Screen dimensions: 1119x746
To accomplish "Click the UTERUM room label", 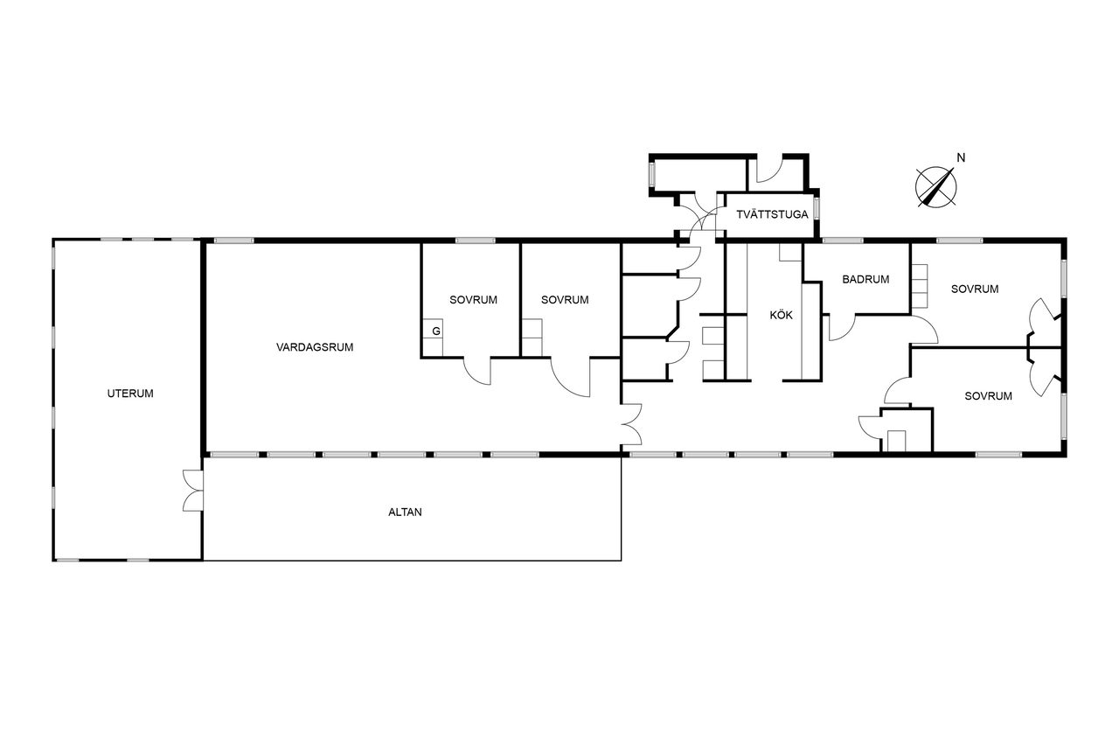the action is click(x=130, y=394).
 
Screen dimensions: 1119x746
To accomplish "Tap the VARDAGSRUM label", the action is click(x=315, y=347).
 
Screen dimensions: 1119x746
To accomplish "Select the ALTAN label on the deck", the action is click(x=405, y=512).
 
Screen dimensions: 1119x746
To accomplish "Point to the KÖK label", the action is click(x=782, y=315).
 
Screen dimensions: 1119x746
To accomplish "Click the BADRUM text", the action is click(x=865, y=279).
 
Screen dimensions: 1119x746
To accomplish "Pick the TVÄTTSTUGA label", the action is click(x=772, y=214).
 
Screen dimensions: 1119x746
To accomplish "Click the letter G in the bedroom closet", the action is click(x=436, y=331).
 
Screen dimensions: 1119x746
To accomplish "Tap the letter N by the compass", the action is click(x=961, y=158).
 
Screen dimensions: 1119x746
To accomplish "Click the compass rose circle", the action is click(x=936, y=187).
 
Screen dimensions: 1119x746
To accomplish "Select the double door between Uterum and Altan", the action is click(x=193, y=491).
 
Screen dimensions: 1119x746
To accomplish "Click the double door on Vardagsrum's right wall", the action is click(x=632, y=423).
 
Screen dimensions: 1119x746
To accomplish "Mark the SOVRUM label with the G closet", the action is click(x=473, y=300).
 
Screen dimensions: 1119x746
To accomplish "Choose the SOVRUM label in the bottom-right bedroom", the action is click(x=988, y=396).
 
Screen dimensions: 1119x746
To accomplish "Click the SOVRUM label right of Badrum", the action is click(x=975, y=289).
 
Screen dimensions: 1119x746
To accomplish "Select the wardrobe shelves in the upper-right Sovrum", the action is click(x=920, y=286).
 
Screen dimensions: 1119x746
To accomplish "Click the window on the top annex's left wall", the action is click(x=651, y=174).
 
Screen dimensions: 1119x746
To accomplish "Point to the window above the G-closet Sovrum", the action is click(x=475, y=241).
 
